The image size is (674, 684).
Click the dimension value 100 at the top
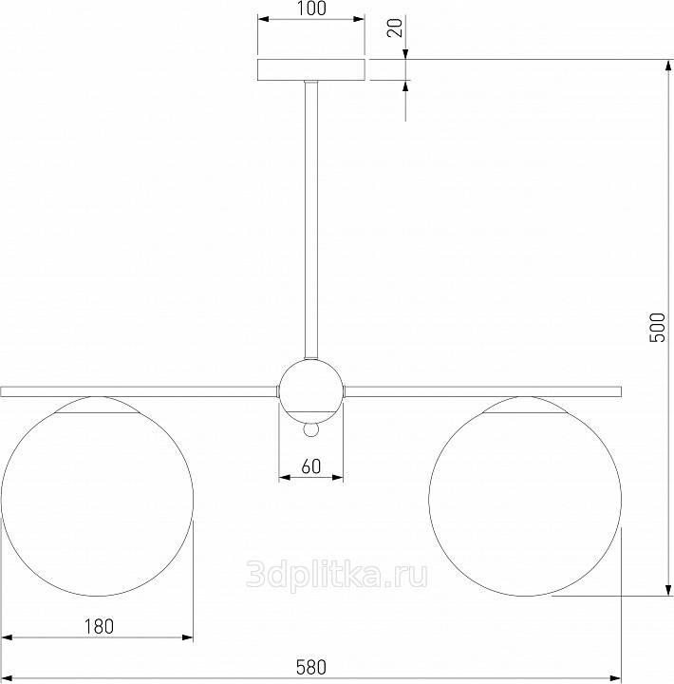(311, 9)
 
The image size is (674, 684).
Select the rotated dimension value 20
(396, 28)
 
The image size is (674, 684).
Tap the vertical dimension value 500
(658, 327)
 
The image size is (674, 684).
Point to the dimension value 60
(311, 466)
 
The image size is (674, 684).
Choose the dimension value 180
(99, 626)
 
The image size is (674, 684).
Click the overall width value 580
(311, 668)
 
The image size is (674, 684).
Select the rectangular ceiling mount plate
(311, 69)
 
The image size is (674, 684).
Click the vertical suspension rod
(311, 219)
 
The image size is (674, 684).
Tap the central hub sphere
(311, 390)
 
